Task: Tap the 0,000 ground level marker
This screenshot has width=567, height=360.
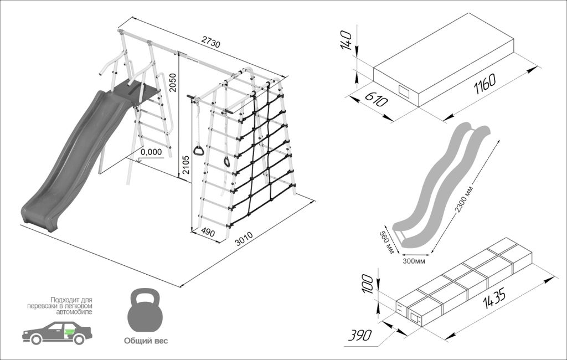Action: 151,151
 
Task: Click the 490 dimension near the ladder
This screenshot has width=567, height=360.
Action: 208,232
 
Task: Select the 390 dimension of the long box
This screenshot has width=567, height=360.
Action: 360,335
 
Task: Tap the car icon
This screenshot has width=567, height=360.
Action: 56,332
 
